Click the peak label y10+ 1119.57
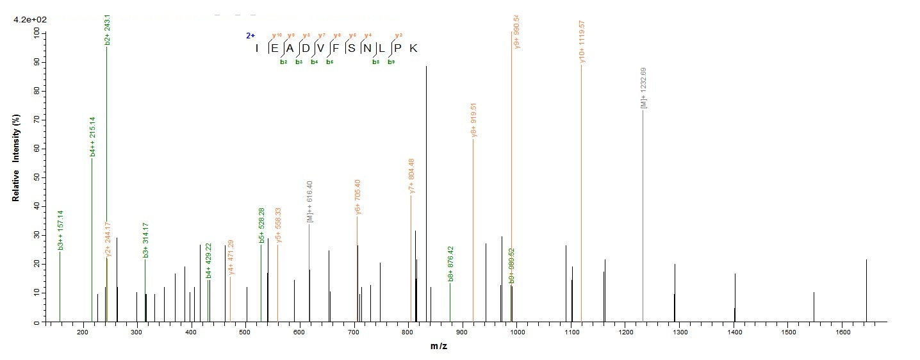tap(582, 42)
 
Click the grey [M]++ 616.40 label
tap(310, 202)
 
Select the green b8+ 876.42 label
tap(451, 264)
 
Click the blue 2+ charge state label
tap(251, 37)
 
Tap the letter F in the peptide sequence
tap(335, 49)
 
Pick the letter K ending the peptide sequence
tap(413, 49)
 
